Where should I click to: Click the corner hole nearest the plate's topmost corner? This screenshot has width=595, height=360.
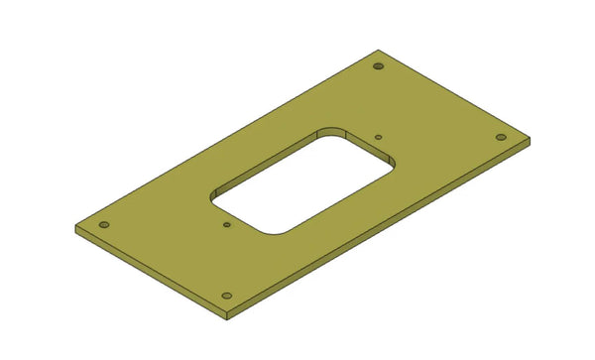point(378,66)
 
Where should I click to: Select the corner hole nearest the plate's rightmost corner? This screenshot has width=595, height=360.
point(501,137)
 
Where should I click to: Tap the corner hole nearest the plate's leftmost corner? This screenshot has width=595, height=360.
point(103,224)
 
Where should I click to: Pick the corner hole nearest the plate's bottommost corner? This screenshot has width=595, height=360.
point(227,296)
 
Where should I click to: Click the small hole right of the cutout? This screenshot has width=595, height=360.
point(379,138)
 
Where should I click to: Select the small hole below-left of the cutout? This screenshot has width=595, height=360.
point(227,225)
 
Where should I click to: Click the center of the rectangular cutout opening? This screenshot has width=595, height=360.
point(302,181)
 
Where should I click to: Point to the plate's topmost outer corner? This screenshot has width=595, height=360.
point(377,52)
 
